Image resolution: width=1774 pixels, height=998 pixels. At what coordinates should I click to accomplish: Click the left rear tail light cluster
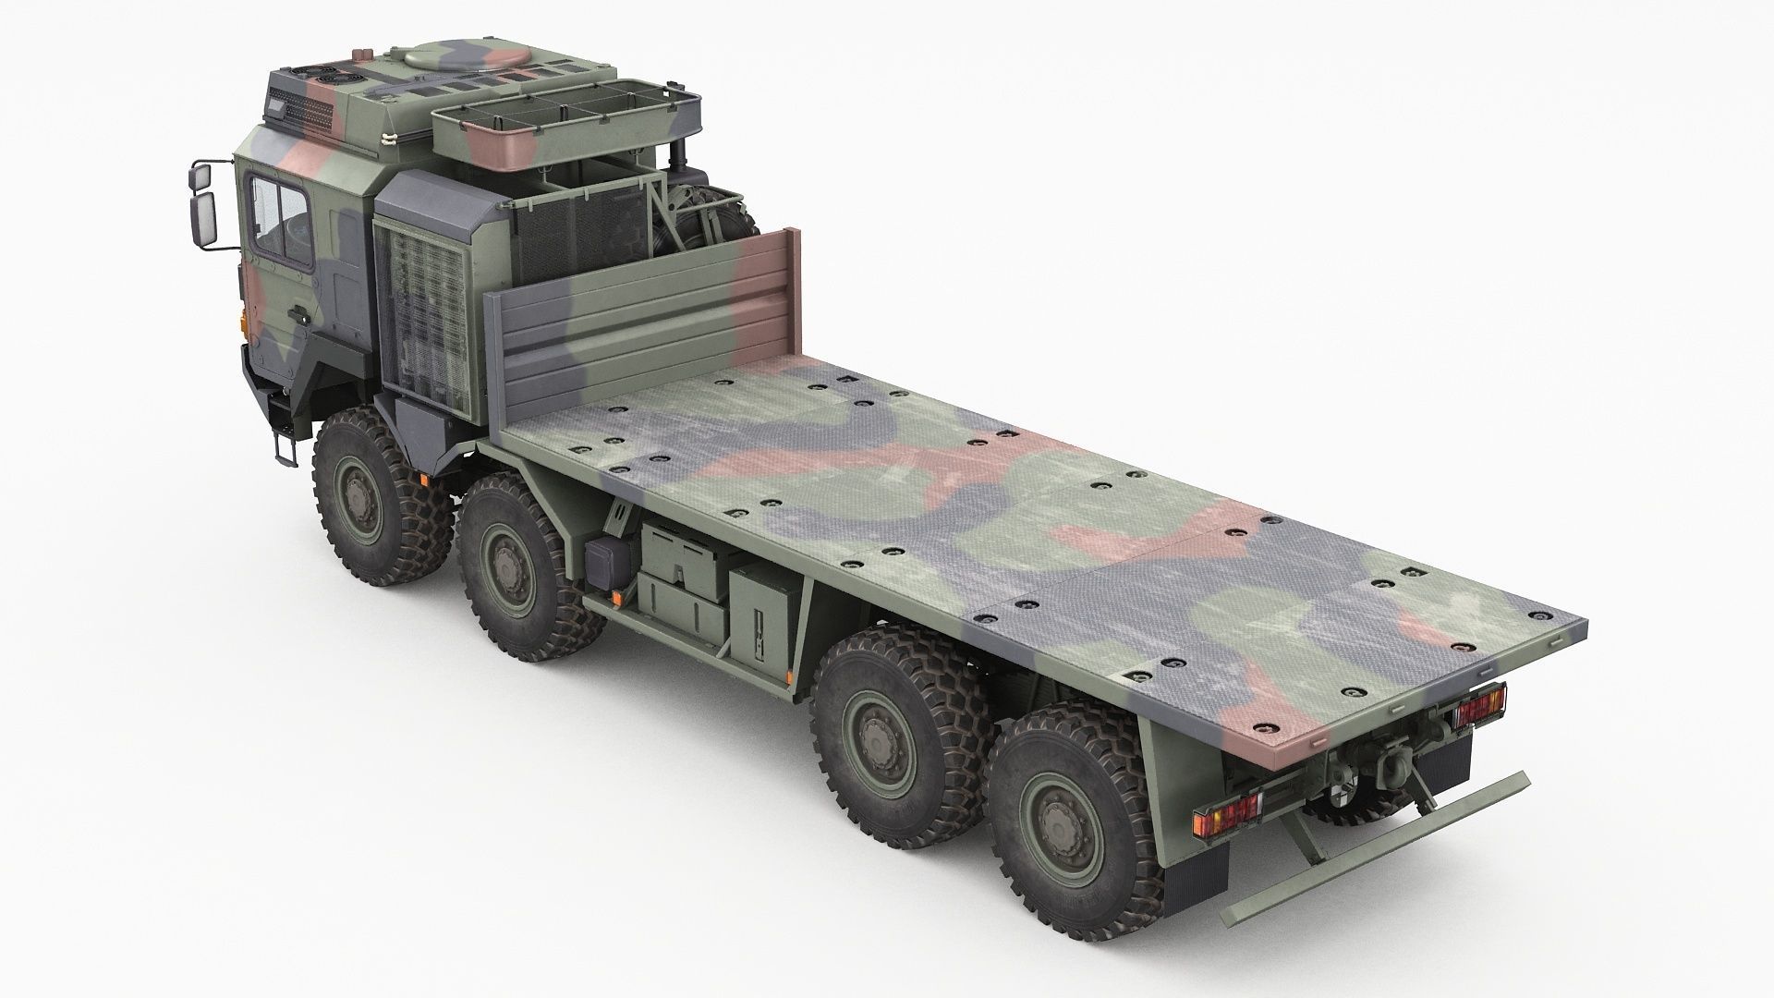coord(1226,818)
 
